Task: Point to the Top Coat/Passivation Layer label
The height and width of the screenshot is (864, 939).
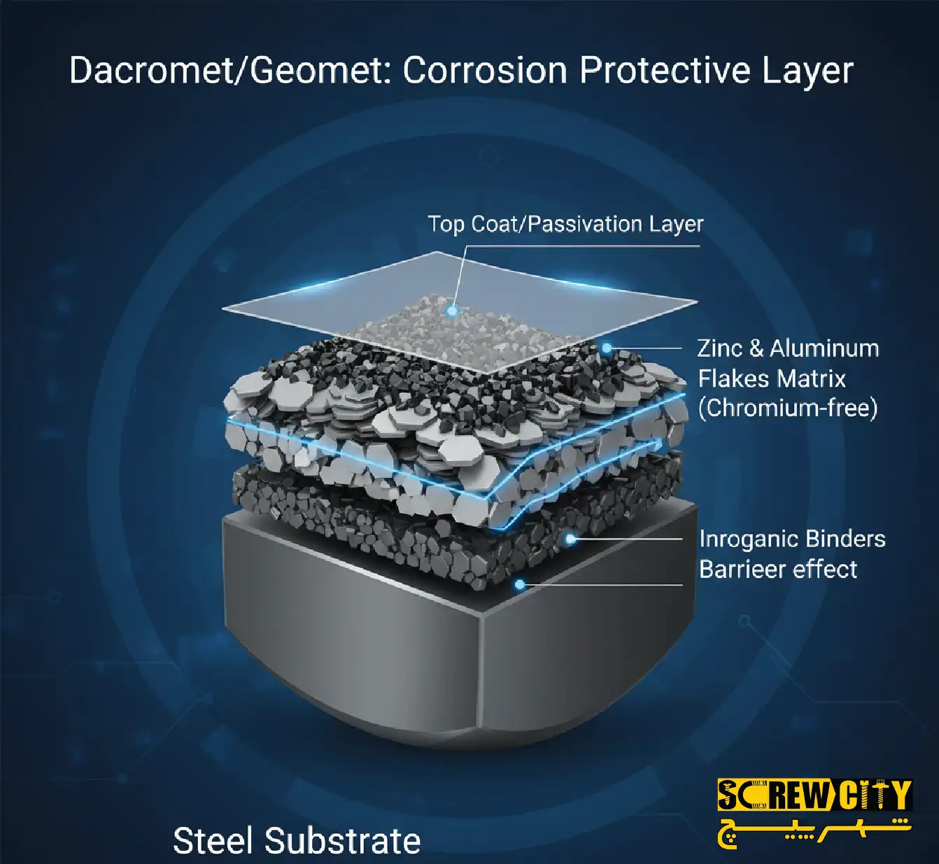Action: pyautogui.click(x=565, y=225)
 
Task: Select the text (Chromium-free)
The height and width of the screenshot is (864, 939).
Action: pyautogui.click(x=788, y=409)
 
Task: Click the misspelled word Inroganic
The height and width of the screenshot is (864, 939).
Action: pyautogui.click(x=743, y=539)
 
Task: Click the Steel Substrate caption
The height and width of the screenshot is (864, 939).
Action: pyautogui.click(x=297, y=841)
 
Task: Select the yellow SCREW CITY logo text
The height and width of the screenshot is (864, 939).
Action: pyautogui.click(x=814, y=795)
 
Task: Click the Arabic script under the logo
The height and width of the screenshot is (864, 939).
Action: pyautogui.click(x=814, y=830)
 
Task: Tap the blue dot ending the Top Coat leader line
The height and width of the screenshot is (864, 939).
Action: pyautogui.click(x=453, y=310)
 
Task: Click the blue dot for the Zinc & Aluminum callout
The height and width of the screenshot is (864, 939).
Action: pyautogui.click(x=607, y=348)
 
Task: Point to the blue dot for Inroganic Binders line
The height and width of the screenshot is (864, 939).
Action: pyautogui.click(x=571, y=539)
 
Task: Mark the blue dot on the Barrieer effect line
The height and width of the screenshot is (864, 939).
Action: pyautogui.click(x=519, y=584)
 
